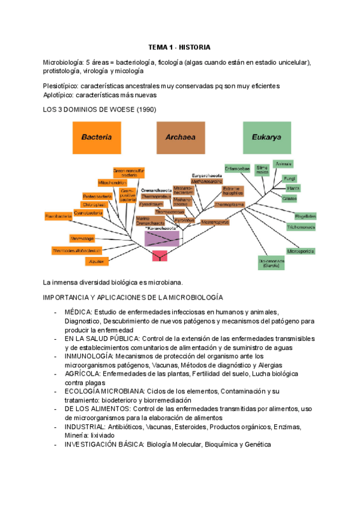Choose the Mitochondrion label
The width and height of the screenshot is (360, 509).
(x=112, y=182)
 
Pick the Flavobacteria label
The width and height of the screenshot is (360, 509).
(x=59, y=215)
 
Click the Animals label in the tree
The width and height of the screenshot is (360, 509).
(x=283, y=164)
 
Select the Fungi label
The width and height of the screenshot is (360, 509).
(x=290, y=178)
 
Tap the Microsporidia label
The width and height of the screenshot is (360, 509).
(x=300, y=251)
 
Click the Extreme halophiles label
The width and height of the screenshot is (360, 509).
(x=232, y=190)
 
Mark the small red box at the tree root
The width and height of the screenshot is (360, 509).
(x=159, y=256)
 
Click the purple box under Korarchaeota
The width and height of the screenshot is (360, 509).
(x=162, y=239)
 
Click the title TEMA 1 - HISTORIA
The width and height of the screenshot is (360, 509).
(x=179, y=47)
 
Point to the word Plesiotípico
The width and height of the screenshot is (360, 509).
(x=60, y=86)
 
